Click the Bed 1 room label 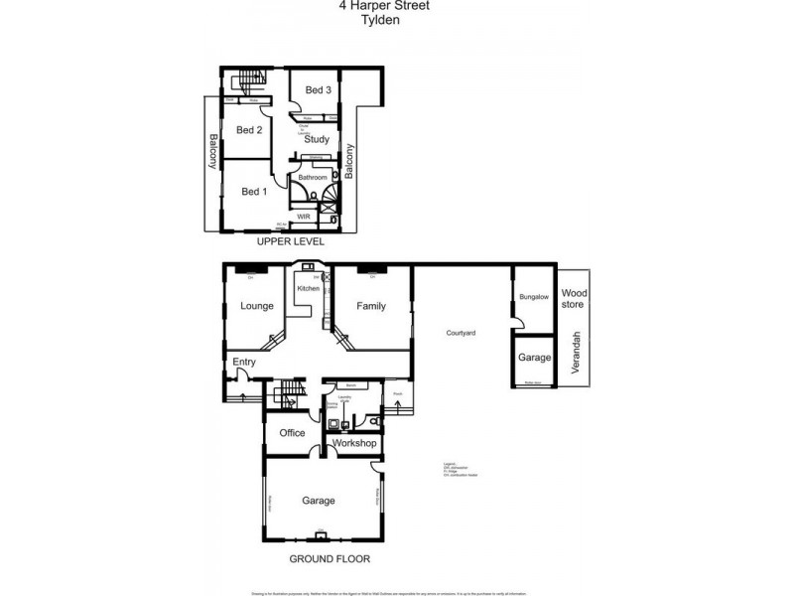pyautogui.click(x=254, y=192)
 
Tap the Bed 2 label pyautogui.click(x=249, y=130)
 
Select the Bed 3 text pyautogui.click(x=318, y=90)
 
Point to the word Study pyautogui.click(x=317, y=140)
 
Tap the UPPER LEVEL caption pyautogui.click(x=290, y=241)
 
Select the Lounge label pyautogui.click(x=257, y=306)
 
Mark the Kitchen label pyautogui.click(x=309, y=288)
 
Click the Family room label pyautogui.click(x=371, y=306)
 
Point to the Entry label pyautogui.click(x=244, y=363)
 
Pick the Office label pyautogui.click(x=292, y=433)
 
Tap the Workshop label pyautogui.click(x=354, y=443)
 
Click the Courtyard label pyautogui.click(x=461, y=332)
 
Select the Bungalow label pyautogui.click(x=534, y=297)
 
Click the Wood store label pyautogui.click(x=575, y=298)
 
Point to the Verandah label pyautogui.click(x=575, y=354)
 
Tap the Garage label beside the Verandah pyautogui.click(x=534, y=358)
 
